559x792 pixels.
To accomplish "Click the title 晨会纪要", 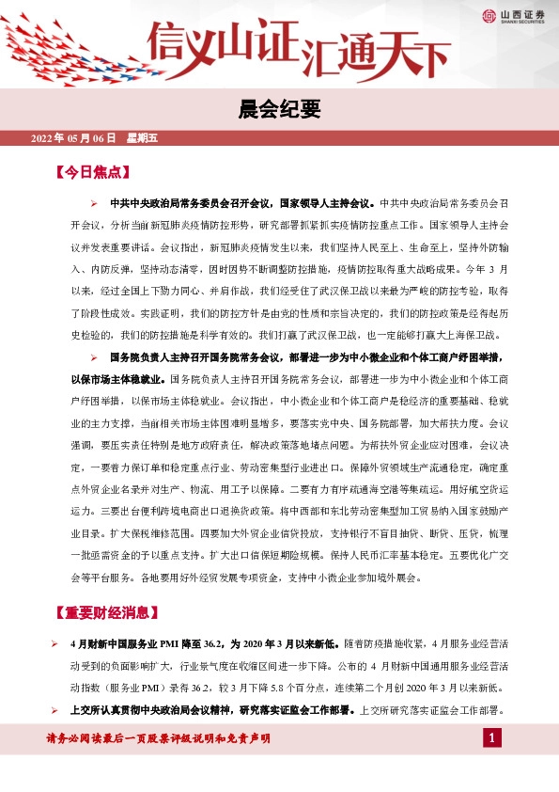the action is pos(279,110).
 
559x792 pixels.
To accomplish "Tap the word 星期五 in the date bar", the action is pos(142,138).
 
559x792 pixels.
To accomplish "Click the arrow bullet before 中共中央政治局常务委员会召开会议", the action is pos(94,203).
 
